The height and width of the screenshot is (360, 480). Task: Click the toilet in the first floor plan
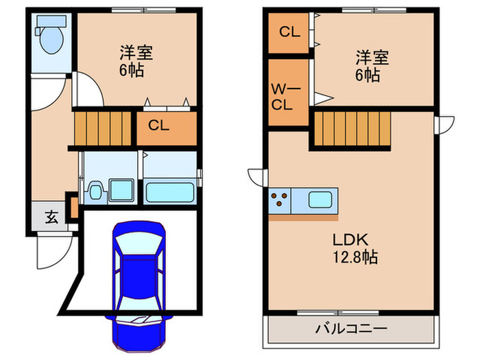[x=51, y=37]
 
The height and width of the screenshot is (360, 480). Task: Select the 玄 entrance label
[x=51, y=218]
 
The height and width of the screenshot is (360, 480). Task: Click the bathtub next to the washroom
[x=170, y=190]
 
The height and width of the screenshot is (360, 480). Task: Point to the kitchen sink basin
[x=320, y=201]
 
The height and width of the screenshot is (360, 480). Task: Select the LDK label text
[x=352, y=241]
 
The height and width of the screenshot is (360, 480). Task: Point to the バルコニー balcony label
[x=350, y=328]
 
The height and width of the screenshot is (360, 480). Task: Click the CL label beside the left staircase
[x=158, y=125]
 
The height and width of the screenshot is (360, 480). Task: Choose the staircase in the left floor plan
[x=103, y=128]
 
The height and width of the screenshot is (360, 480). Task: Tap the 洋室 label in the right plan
[x=372, y=58]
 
